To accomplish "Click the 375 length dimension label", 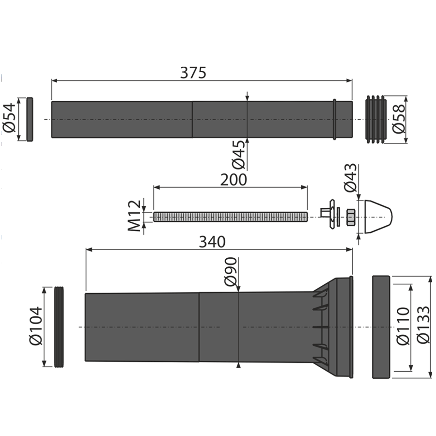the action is (x=193, y=73).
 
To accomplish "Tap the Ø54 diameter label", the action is (x=9, y=118).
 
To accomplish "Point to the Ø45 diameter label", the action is (x=239, y=155).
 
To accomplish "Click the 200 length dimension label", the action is (x=234, y=179).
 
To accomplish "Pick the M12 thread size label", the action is (x=135, y=216).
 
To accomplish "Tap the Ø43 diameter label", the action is (x=350, y=177).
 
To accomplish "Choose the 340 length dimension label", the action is (x=212, y=242).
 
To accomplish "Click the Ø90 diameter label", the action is (x=231, y=272).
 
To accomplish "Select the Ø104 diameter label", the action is (x=36, y=326).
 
